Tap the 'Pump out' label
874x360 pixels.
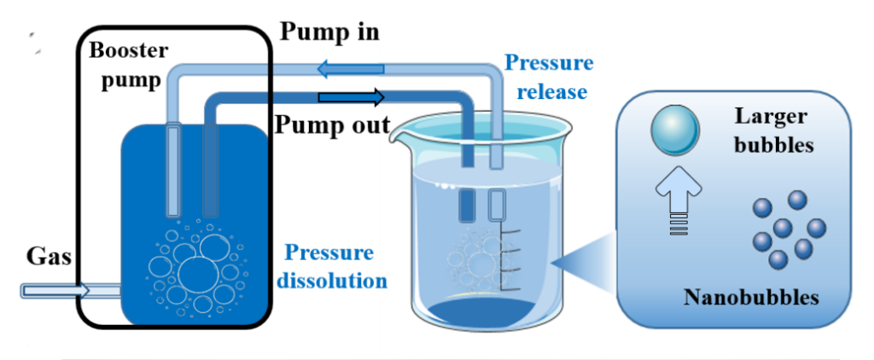(332, 125)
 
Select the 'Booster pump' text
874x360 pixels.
(128, 65)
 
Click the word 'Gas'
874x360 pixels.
(49, 257)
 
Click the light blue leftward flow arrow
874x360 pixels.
(350, 69)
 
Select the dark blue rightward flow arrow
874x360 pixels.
(351, 97)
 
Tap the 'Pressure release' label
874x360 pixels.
(549, 76)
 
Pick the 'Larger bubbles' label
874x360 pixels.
(773, 131)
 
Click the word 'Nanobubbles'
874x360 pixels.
(751, 298)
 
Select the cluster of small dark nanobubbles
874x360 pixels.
(789, 229)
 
